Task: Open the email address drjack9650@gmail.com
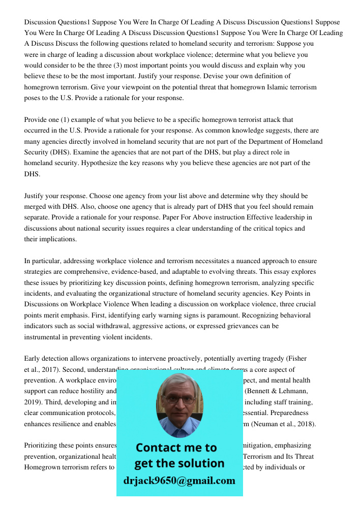[x=179, y=481]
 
